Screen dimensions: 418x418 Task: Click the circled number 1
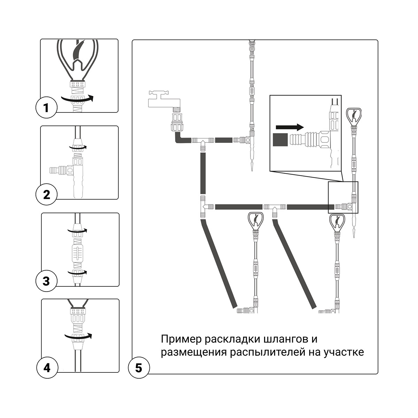[46, 108]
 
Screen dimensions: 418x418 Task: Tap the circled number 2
[46, 194]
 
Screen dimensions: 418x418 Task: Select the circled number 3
[46, 281]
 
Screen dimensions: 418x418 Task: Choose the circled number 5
[139, 367]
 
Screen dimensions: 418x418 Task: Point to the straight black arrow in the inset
[289, 126]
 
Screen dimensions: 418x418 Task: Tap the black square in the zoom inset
[281, 140]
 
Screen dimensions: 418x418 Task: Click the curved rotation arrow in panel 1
[78, 99]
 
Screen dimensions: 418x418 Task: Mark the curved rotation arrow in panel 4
[78, 336]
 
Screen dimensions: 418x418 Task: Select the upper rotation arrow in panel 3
[77, 230]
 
